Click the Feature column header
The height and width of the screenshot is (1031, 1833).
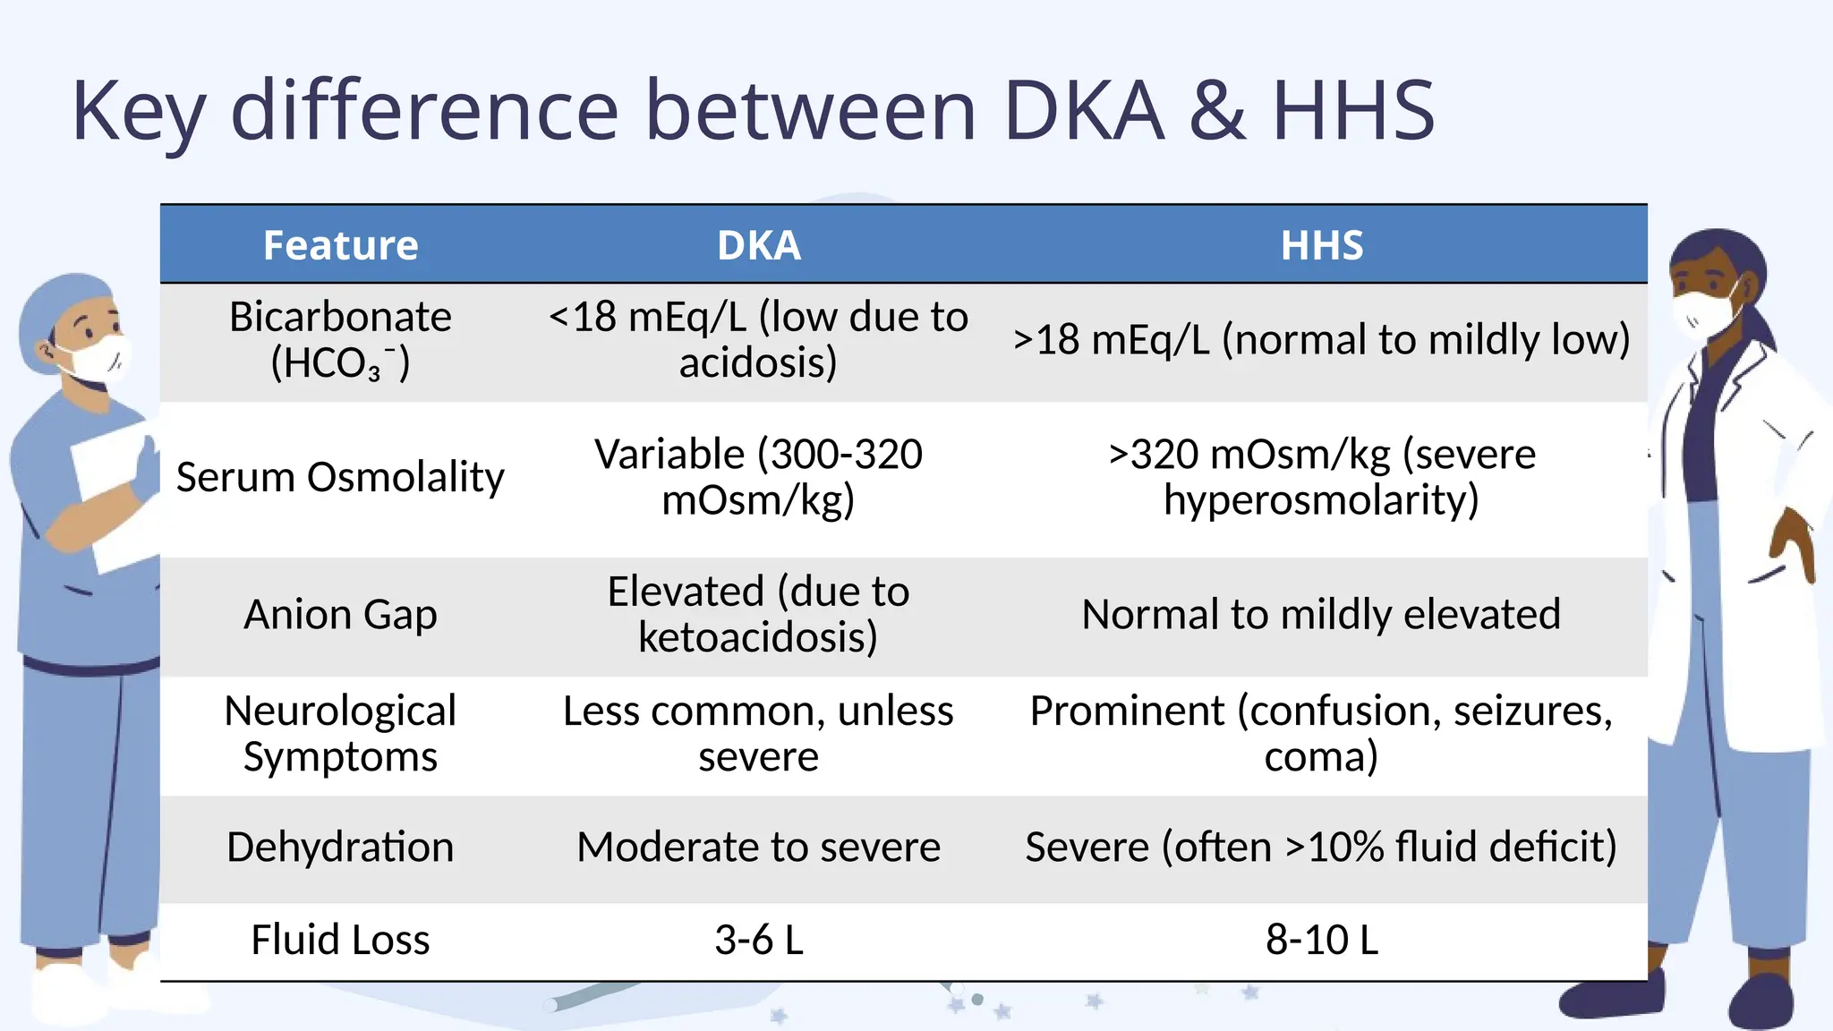pyautogui.click(x=340, y=245)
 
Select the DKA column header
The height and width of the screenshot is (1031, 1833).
pyautogui.click(x=758, y=245)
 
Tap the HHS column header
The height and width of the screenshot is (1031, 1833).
pyautogui.click(x=1321, y=245)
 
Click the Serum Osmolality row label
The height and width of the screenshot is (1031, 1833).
pyautogui.click(x=340, y=477)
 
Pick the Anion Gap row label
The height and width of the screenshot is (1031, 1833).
pyautogui.click(x=340, y=615)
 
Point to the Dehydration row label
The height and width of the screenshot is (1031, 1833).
pyautogui.click(x=340, y=847)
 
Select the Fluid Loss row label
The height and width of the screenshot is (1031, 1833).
pyautogui.click(x=340, y=940)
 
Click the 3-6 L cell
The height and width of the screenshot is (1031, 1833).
pyautogui.click(x=758, y=940)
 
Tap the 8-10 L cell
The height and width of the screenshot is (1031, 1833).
pyautogui.click(x=1321, y=940)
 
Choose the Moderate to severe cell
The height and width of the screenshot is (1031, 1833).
pyautogui.click(x=758, y=847)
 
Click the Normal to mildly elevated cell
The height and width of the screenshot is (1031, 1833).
pyautogui.click(x=1321, y=615)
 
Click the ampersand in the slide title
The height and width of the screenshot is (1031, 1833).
pyautogui.click(x=1217, y=111)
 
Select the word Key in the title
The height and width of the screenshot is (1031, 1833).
pyautogui.click(x=139, y=111)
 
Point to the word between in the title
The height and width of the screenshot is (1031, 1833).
pyautogui.click(x=810, y=111)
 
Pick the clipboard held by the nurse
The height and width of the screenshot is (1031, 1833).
pyautogui.click(x=112, y=492)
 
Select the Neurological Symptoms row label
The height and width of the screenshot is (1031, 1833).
pyautogui.click(x=340, y=734)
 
